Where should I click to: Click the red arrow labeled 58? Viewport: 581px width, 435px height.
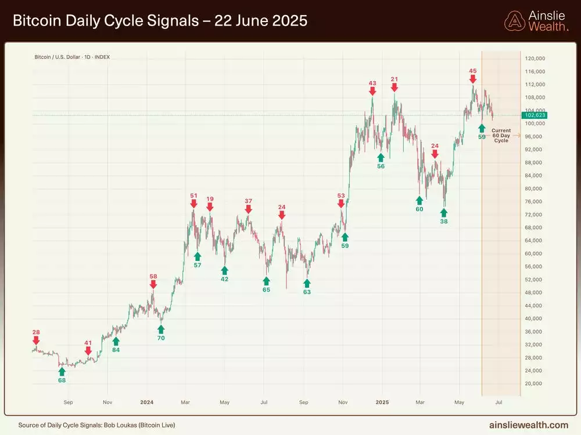tap(153, 285)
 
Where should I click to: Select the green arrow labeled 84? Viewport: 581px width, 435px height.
tap(116, 341)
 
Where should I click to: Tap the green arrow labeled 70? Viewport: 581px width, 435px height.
tap(161, 329)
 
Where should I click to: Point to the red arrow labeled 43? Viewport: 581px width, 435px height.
tap(372, 91)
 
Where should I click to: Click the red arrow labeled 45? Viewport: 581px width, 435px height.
tap(473, 78)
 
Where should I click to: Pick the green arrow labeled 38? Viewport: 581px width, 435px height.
tap(444, 213)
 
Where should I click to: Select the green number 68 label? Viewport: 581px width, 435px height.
tap(62, 380)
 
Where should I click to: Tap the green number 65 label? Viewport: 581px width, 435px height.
tap(266, 289)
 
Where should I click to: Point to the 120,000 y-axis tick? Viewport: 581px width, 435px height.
tap(536, 59)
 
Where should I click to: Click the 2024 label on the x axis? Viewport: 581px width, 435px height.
tap(147, 401)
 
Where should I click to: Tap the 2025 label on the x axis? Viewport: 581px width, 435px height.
tap(382, 401)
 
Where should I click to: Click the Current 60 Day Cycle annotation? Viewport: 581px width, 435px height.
tap(501, 136)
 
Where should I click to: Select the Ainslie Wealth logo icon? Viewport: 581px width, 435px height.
tap(514, 21)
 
